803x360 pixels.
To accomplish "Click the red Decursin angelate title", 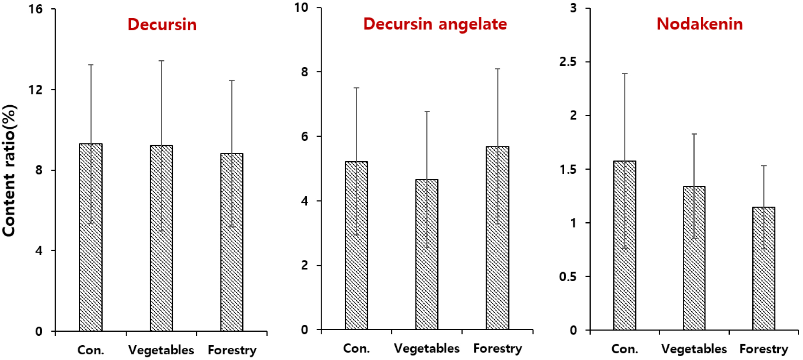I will tap(435, 24).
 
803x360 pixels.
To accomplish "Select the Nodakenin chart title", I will tap(699, 24).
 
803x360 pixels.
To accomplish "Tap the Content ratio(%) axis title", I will tap(10, 171).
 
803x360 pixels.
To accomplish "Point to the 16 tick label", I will tap(36, 9).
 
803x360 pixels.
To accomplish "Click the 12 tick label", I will tap(36, 90).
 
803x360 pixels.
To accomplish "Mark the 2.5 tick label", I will tap(568, 62).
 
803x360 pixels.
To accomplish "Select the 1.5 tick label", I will tap(568, 169).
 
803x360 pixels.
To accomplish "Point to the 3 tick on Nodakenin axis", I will tap(573, 8).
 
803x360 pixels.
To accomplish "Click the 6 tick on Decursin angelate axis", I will tap(304, 136).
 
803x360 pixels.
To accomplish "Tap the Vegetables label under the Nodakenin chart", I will tap(694, 349).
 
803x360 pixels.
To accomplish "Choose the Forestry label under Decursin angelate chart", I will tap(497, 348).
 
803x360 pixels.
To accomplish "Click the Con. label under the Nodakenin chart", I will tap(624, 349).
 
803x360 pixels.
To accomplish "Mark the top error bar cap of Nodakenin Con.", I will tap(624, 74).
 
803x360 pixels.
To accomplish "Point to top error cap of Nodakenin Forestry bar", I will tap(764, 166).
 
